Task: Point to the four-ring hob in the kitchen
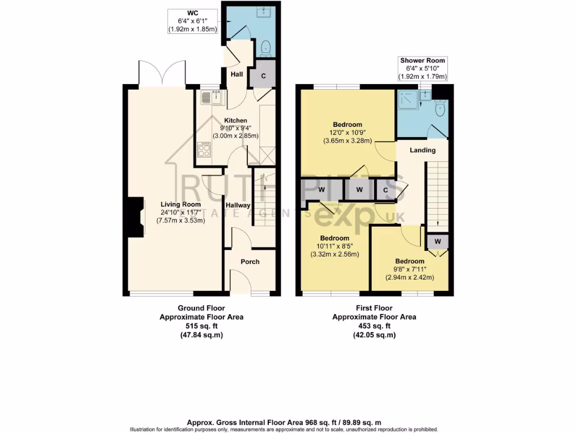pos(204,149)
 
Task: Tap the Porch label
pos(250,262)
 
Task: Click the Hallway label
pos(237,205)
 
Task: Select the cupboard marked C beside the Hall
pos(264,75)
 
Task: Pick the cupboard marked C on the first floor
pos(385,189)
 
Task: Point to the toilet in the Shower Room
pos(440,107)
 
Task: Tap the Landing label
pos(422,150)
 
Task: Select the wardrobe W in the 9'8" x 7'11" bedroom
pos(437,242)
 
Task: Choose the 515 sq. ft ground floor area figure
pos(201,326)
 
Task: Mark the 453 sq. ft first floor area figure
pos(374,326)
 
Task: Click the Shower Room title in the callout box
pos(423,60)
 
